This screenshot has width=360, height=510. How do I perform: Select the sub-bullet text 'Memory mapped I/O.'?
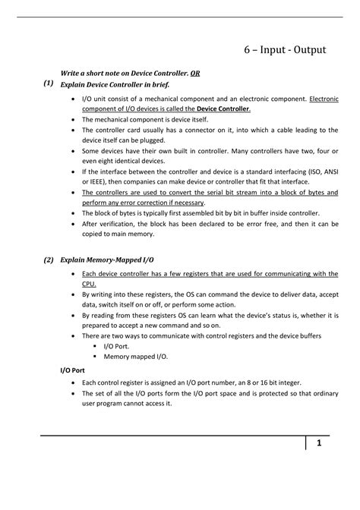[136, 355]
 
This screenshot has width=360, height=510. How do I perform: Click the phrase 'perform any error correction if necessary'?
[143, 203]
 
